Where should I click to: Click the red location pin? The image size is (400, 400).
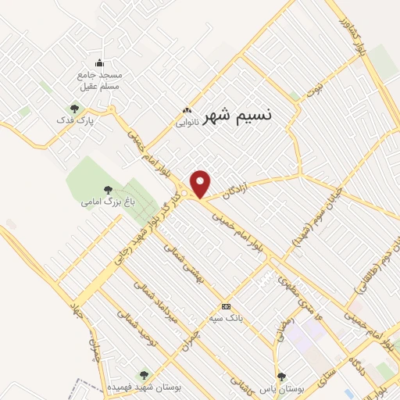pyautogui.click(x=202, y=184)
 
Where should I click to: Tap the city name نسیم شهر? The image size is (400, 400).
pyautogui.click(x=237, y=116)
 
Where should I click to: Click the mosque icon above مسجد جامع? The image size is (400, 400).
pyautogui.click(x=99, y=63)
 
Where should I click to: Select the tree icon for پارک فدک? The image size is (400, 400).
pyautogui.click(x=74, y=109)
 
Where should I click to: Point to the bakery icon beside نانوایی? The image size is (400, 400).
pyautogui.click(x=186, y=111)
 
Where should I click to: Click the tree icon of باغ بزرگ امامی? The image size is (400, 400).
pyautogui.click(x=108, y=190)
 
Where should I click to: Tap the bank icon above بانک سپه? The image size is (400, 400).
pyautogui.click(x=226, y=306)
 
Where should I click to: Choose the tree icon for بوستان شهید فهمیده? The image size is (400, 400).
pyautogui.click(x=142, y=374)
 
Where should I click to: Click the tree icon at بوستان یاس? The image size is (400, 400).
pyautogui.click(x=282, y=376)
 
